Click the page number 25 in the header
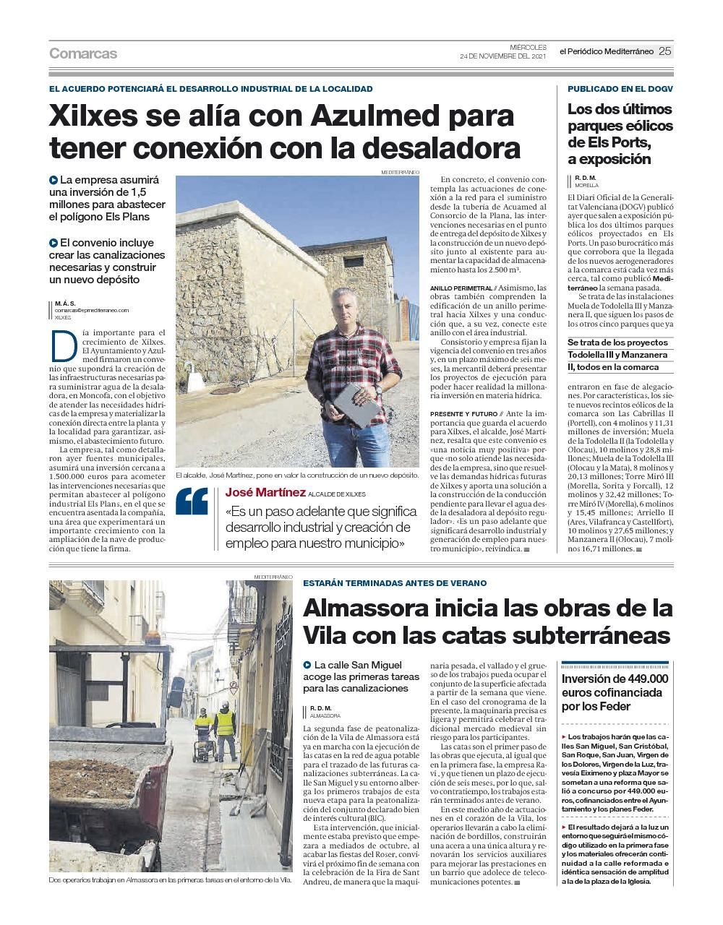coord(665,51)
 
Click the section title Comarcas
coord(83,53)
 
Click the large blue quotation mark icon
coord(192,502)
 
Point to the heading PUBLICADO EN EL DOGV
coord(620,89)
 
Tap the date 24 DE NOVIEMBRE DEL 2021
coord(502,56)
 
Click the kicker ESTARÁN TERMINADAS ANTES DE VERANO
coord(395,583)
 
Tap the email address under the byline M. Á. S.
coord(91,310)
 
